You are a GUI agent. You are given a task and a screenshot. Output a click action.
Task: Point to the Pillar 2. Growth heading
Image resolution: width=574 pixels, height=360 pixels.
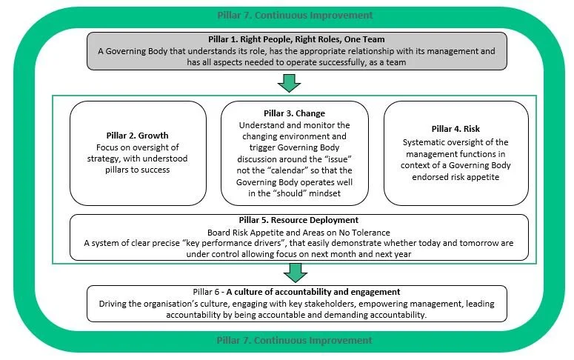(x=137, y=136)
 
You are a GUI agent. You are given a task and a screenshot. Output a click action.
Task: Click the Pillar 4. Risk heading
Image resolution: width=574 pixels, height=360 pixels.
(x=456, y=129)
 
